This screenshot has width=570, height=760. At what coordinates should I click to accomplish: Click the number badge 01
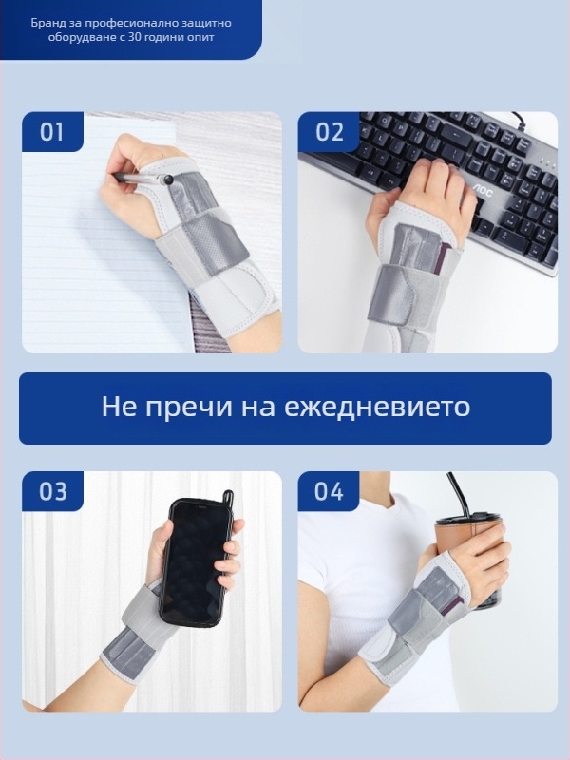click(x=51, y=131)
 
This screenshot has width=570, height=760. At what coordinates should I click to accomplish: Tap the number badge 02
click(x=329, y=131)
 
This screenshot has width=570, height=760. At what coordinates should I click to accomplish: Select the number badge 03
click(x=52, y=491)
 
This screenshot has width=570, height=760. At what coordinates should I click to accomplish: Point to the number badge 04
click(x=329, y=491)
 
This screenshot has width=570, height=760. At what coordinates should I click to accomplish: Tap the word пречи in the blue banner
click(x=179, y=408)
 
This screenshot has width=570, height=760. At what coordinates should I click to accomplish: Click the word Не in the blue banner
click(x=116, y=408)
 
